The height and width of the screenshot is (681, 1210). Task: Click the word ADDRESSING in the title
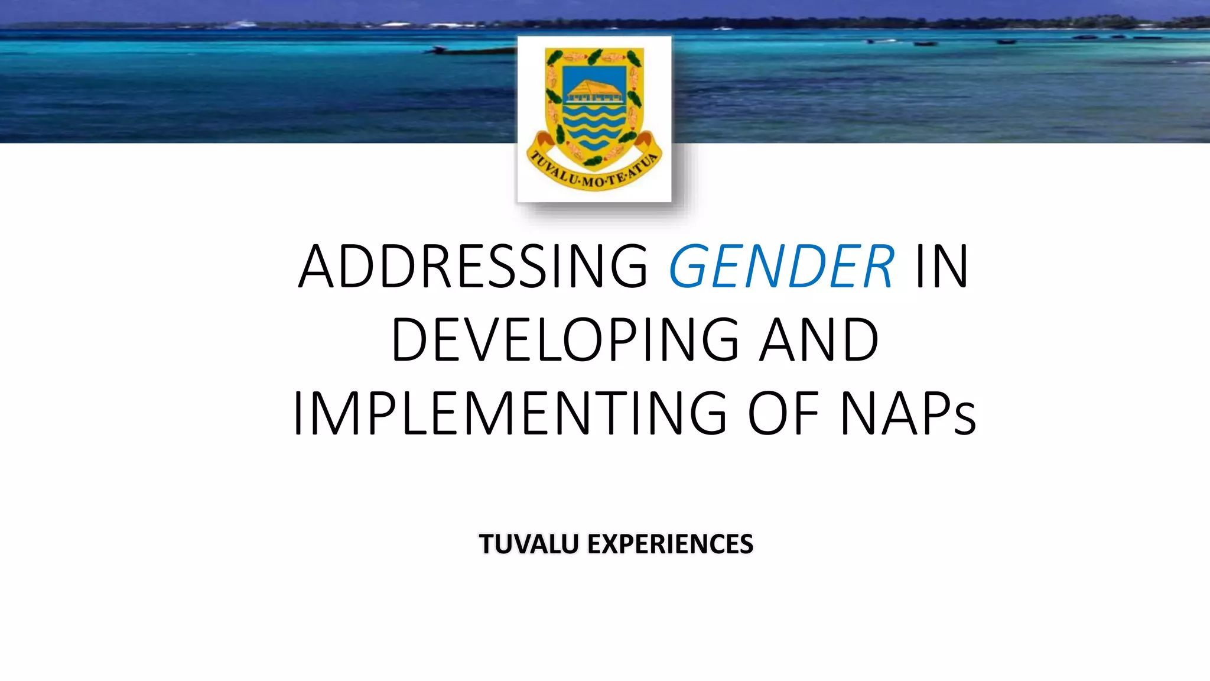click(x=473, y=267)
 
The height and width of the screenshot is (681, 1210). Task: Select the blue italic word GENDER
click(x=781, y=267)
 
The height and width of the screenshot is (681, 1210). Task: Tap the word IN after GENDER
click(x=942, y=267)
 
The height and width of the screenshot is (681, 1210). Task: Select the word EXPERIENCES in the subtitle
click(x=670, y=544)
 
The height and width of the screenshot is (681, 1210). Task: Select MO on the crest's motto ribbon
click(x=592, y=181)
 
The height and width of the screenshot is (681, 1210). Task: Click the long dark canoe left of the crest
click(x=473, y=51)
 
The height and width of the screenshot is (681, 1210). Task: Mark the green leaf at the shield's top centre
click(x=594, y=57)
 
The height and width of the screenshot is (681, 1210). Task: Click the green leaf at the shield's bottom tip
click(x=593, y=160)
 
